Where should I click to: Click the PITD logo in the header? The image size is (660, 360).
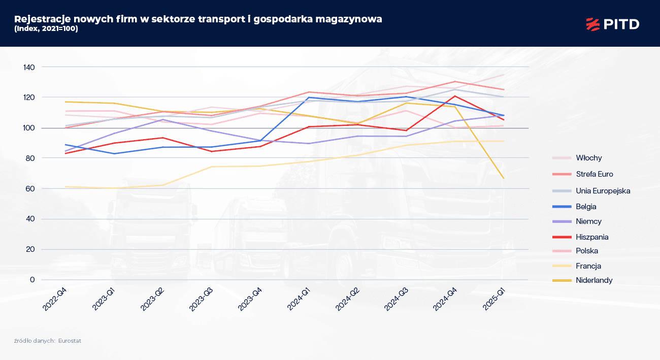tap(612, 23)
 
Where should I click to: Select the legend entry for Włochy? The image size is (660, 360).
tap(589, 158)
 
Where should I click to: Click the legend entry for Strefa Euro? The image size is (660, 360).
tap(595, 174)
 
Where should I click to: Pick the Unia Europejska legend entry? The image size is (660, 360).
tap(603, 191)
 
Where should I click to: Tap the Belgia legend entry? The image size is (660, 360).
tap(586, 207)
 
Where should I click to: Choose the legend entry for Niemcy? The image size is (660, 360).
tap(588, 221)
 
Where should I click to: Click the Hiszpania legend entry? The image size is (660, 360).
tap(592, 237)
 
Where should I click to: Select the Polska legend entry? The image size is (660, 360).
tap(587, 251)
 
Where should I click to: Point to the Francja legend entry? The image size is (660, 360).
tap(588, 266)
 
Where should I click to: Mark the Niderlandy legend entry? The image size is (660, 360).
tap(594, 280)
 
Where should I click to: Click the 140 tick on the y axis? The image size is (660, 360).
tap(29, 67)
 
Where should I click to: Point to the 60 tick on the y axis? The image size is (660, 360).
tap(31, 188)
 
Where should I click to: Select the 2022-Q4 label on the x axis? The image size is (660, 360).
tap(56, 300)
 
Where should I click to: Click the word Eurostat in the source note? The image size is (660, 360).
tap(70, 341)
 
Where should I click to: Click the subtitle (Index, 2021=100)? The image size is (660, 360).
tap(46, 28)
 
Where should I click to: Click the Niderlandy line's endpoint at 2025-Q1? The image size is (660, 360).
tap(503, 178)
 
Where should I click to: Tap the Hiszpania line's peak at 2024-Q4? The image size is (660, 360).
tap(454, 96)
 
